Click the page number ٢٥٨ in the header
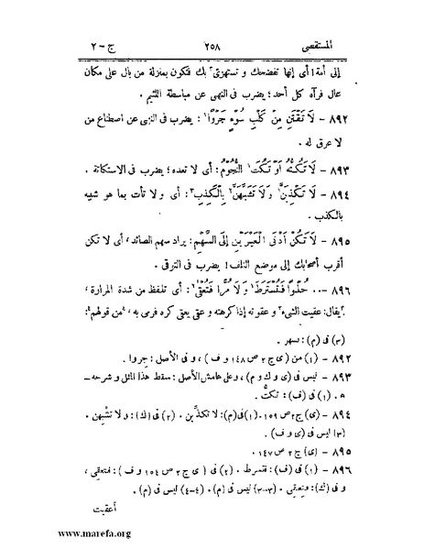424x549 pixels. coord(209,19)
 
